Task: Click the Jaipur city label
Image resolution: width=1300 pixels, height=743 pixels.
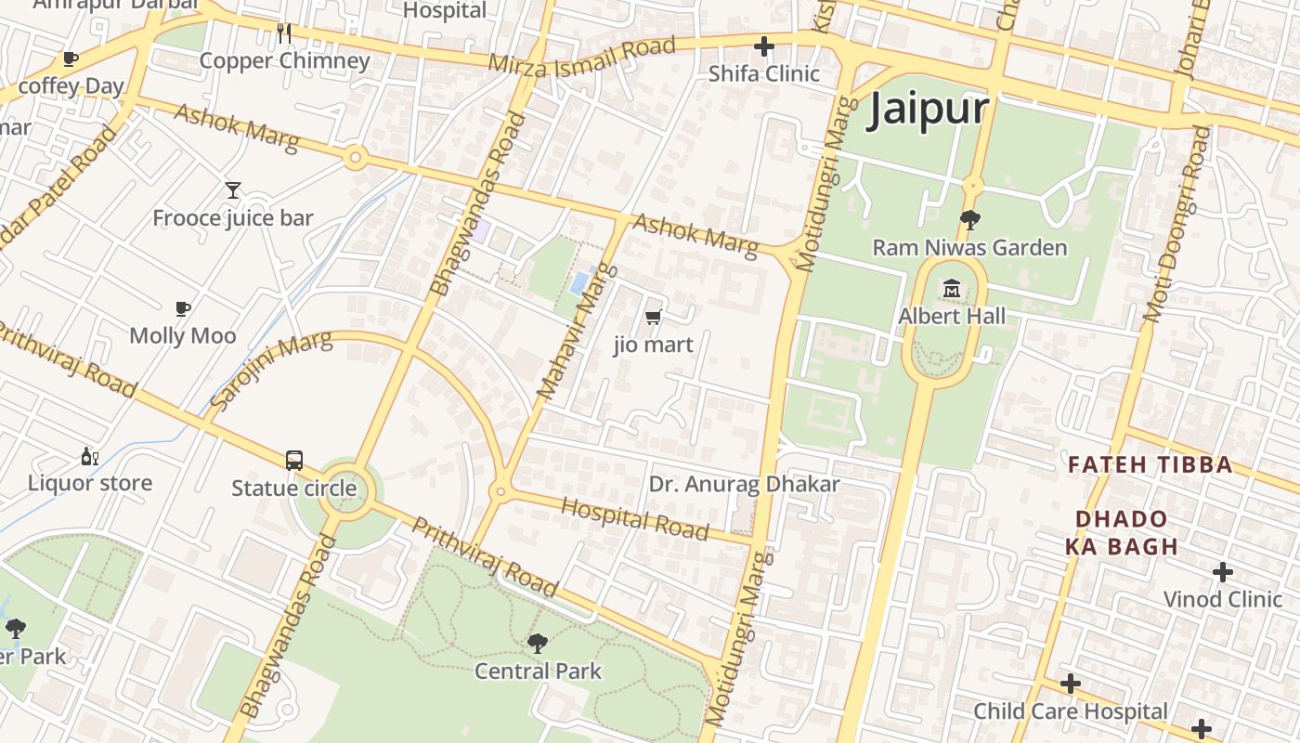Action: (929, 110)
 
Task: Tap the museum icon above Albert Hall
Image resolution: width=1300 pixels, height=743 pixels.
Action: (951, 289)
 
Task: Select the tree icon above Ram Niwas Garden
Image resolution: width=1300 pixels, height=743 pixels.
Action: (970, 220)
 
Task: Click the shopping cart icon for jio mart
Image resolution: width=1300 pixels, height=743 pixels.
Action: (654, 318)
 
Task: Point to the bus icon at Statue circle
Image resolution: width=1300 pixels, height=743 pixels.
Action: (293, 460)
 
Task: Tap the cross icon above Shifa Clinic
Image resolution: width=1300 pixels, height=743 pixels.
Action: (764, 46)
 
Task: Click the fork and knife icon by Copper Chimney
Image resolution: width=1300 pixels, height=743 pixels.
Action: (284, 33)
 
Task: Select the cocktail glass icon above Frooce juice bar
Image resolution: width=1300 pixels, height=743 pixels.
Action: (233, 190)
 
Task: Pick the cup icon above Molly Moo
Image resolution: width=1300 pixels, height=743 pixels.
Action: (183, 308)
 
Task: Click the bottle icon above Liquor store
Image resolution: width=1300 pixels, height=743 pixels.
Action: (89, 456)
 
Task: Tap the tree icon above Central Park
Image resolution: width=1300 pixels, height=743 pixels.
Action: (537, 643)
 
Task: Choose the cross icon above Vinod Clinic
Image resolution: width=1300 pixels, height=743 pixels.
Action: (1223, 571)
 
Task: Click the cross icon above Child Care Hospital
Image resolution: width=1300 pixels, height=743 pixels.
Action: (1071, 684)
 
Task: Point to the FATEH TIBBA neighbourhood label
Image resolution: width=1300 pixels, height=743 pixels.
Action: (1150, 464)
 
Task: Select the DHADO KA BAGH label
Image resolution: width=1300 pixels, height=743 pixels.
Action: (1122, 532)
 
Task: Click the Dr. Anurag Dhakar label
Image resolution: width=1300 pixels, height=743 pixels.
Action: (744, 484)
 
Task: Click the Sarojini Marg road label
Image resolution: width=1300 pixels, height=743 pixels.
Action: (270, 370)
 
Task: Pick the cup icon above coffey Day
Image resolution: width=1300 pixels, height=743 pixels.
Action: (70, 59)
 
